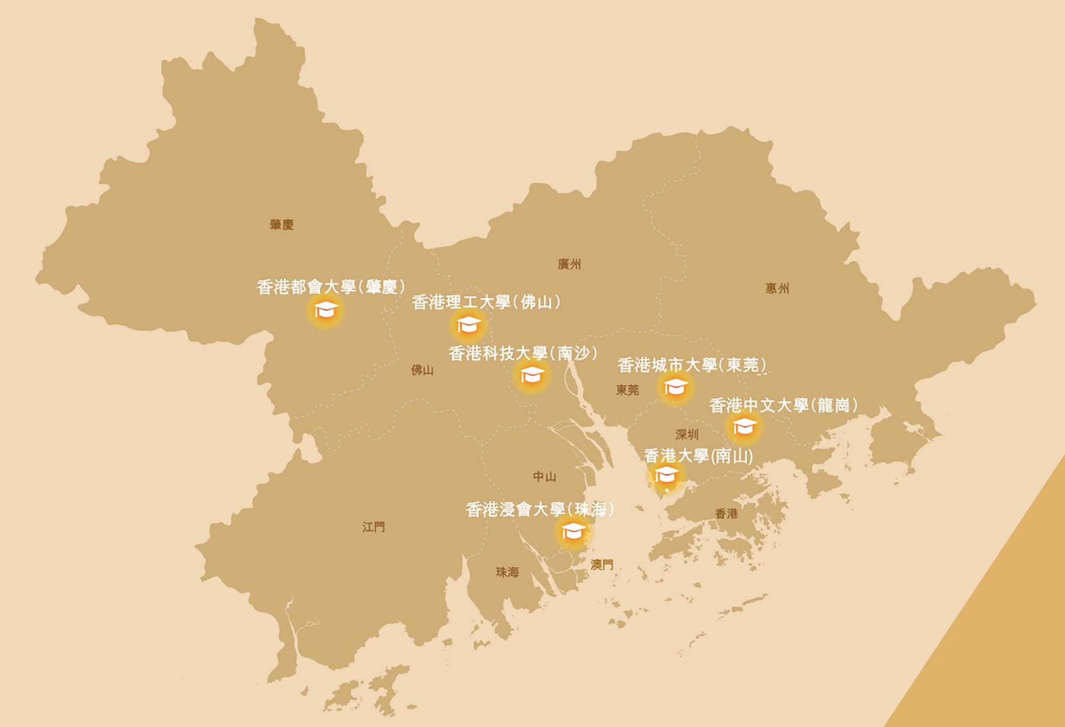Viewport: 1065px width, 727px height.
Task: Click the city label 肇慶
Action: point(282,225)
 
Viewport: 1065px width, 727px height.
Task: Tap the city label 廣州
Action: point(569,264)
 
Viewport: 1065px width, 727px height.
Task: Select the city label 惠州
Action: point(777,288)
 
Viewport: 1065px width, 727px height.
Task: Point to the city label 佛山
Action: point(422,370)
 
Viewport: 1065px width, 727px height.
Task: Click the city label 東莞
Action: point(627,390)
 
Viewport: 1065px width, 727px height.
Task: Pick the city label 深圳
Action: point(687,435)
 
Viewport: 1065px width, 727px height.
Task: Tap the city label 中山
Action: point(545,476)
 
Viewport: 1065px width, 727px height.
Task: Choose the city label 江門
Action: point(373,527)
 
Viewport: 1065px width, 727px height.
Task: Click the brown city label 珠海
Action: point(507,572)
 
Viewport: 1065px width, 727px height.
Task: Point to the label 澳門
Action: point(602,565)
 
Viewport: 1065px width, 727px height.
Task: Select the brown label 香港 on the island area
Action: point(726,514)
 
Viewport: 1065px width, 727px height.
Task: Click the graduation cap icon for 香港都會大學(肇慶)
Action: point(325,310)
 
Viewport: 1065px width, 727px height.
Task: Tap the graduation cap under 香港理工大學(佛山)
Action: point(469,324)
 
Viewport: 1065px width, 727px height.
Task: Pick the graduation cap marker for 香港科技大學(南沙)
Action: point(532,375)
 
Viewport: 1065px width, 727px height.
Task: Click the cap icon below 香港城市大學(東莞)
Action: point(676,387)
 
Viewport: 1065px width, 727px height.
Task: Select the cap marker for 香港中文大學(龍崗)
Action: point(744,426)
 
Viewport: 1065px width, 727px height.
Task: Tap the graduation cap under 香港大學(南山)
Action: point(666,474)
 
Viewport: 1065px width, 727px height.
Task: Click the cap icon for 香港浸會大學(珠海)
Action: point(573,531)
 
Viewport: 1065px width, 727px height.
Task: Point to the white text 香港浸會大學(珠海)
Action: point(540,509)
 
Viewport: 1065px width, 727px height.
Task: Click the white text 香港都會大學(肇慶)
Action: point(331,287)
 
